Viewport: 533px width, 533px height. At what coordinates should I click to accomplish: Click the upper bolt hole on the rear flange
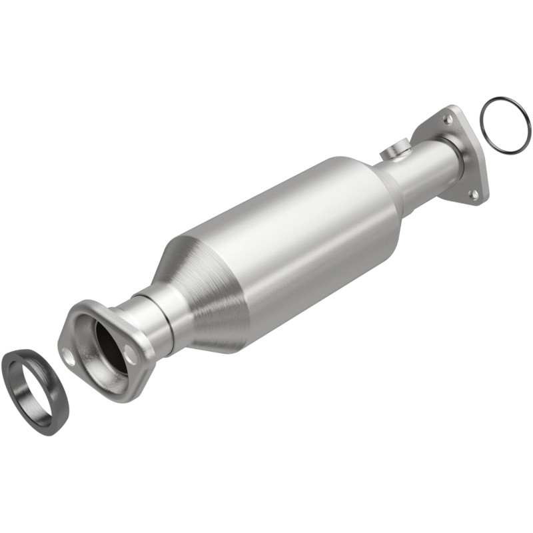pyautogui.click(x=448, y=119)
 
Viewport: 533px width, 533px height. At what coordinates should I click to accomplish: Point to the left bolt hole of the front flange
pyautogui.click(x=67, y=353)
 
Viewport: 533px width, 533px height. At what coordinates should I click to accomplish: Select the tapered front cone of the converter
pyautogui.click(x=200, y=293)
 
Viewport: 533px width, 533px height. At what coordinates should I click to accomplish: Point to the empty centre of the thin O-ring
pyautogui.click(x=505, y=127)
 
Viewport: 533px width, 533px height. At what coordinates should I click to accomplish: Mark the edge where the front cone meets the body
pyautogui.click(x=227, y=266)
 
